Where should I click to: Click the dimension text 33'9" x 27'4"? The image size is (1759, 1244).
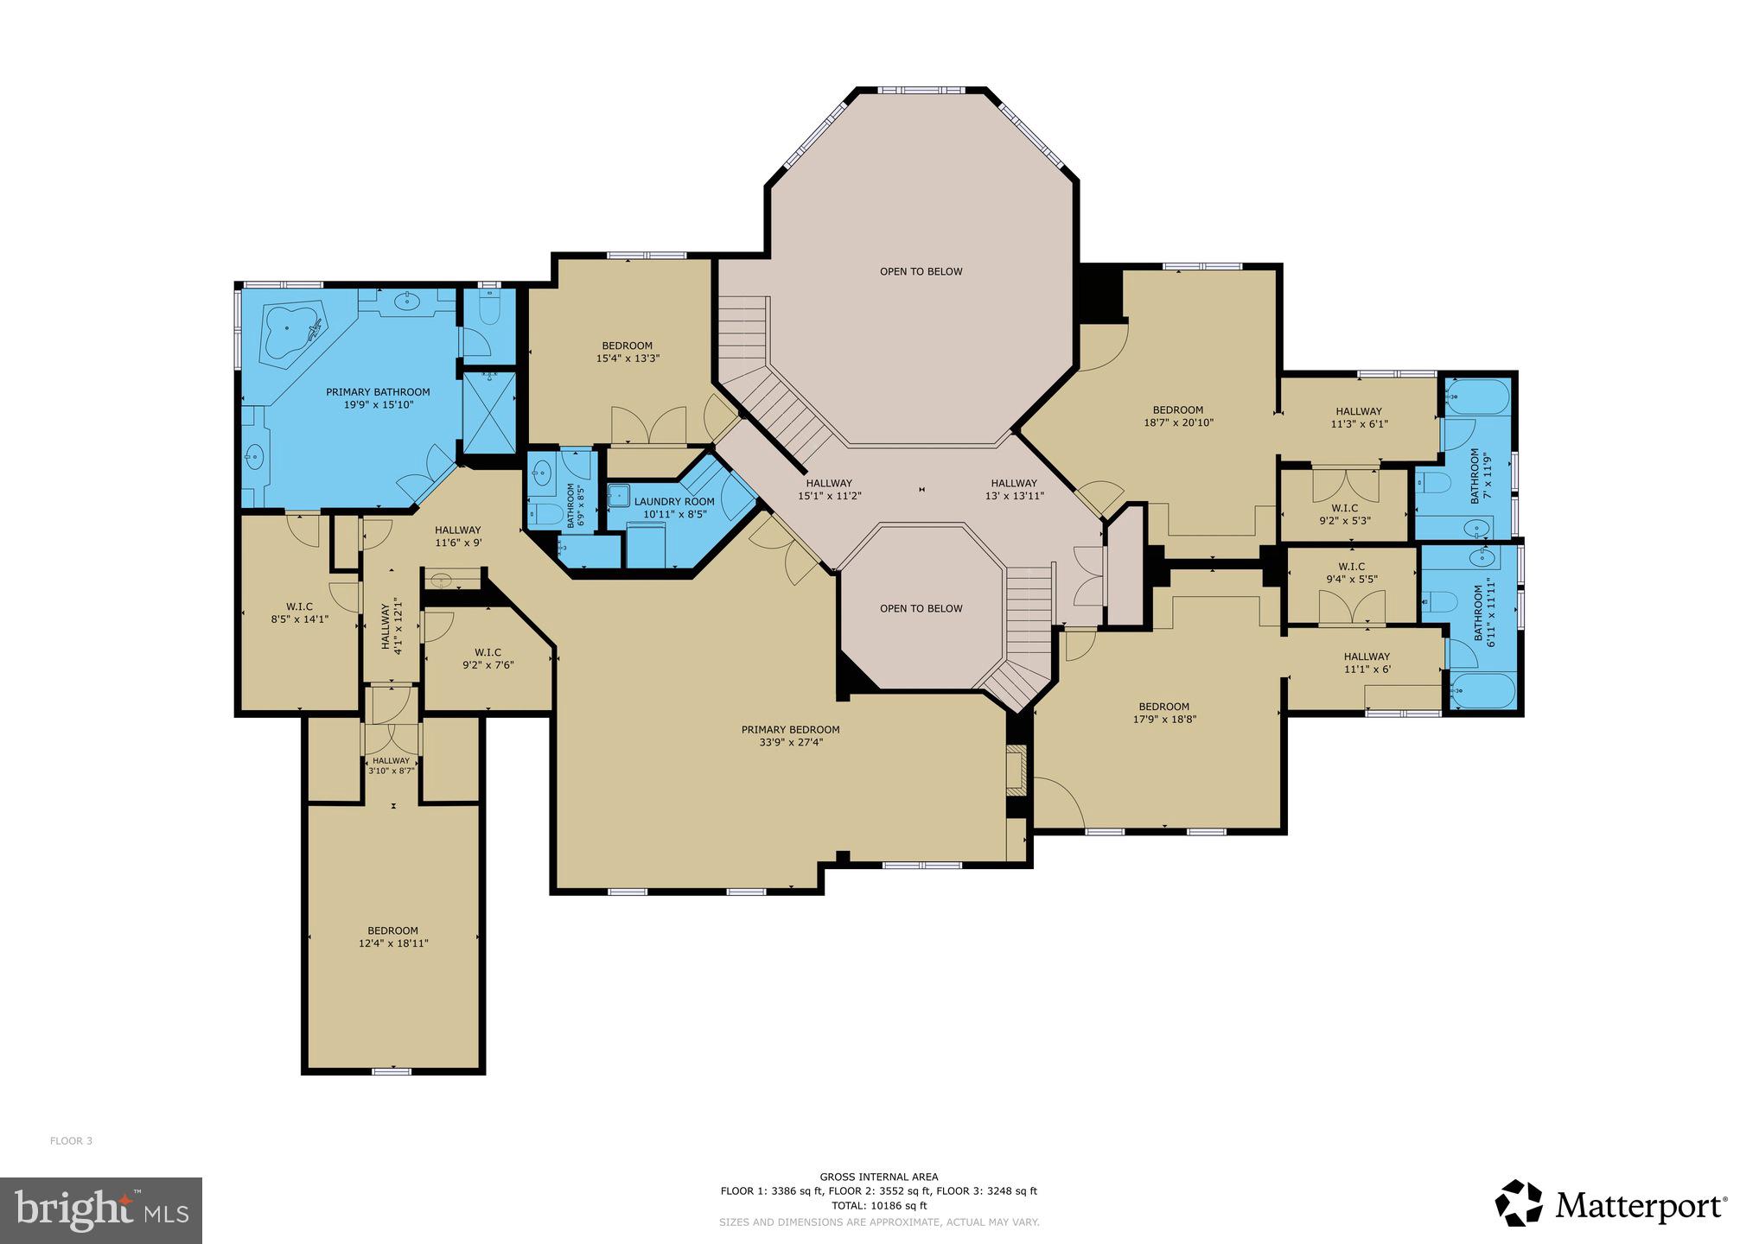pyautogui.click(x=790, y=742)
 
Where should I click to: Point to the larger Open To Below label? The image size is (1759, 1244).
pyautogui.click(x=921, y=271)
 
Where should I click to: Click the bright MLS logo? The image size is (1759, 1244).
pyautogui.click(x=100, y=1210)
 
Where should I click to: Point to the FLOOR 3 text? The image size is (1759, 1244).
pyautogui.click(x=71, y=1141)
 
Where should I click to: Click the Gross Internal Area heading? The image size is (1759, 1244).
pyautogui.click(x=878, y=1177)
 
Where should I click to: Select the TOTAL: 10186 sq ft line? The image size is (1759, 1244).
pyautogui.click(x=878, y=1206)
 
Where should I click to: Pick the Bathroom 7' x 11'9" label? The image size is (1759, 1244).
pyautogui.click(x=1481, y=476)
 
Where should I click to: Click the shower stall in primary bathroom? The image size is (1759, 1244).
pyautogui.click(x=489, y=412)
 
